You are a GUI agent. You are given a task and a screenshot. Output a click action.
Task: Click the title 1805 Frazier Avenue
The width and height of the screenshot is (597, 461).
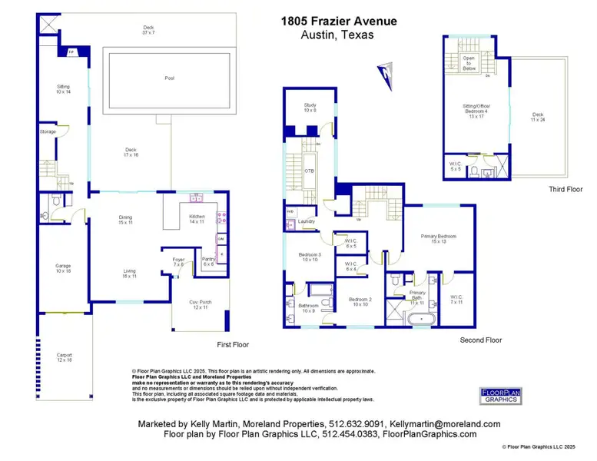click(x=339, y=22)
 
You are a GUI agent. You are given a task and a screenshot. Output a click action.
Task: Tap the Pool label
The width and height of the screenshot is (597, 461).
click(x=169, y=78)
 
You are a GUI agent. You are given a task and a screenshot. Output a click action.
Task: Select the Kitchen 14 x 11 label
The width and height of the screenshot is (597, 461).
click(x=197, y=219)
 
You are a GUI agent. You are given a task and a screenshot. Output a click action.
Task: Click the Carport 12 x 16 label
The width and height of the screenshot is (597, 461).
click(x=64, y=357)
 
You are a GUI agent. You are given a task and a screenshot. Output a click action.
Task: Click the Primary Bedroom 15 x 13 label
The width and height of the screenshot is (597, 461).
click(x=439, y=238)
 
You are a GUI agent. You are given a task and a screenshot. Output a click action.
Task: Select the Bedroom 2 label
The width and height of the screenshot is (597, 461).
click(x=360, y=301)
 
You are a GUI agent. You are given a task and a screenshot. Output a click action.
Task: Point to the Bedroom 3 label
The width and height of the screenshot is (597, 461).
click(x=310, y=257)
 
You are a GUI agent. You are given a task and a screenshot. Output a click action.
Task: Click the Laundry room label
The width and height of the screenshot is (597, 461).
click(x=307, y=222)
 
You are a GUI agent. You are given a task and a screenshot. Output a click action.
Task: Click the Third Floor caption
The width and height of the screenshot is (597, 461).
click(x=565, y=189)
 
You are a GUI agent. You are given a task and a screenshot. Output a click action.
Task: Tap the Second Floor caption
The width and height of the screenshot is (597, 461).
click(x=480, y=340)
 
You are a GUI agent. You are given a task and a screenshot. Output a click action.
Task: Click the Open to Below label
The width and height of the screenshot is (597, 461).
click(x=468, y=63)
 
